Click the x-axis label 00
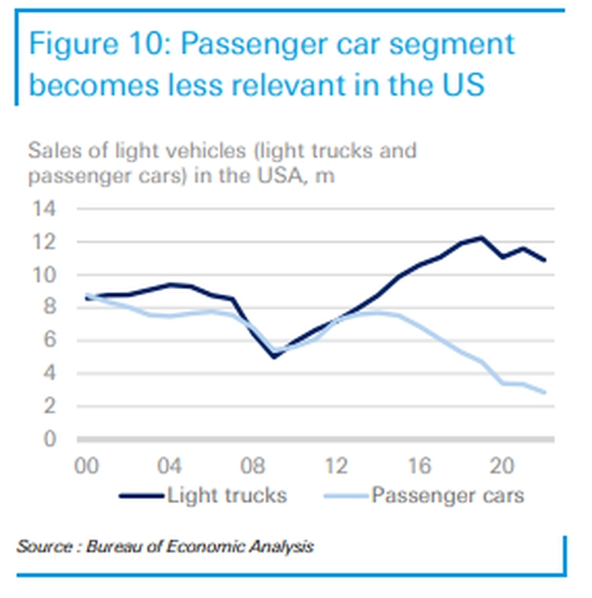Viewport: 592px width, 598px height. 88,466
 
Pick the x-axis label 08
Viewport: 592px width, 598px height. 255,466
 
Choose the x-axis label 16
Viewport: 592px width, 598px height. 420,466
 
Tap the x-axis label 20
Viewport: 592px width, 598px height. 503,466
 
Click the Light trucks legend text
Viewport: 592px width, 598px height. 227,495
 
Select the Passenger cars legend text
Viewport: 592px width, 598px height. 447,495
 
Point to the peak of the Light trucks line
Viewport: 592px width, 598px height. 482,238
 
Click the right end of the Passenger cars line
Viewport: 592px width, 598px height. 544,392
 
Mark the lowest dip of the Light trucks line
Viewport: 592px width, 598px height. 274,356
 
